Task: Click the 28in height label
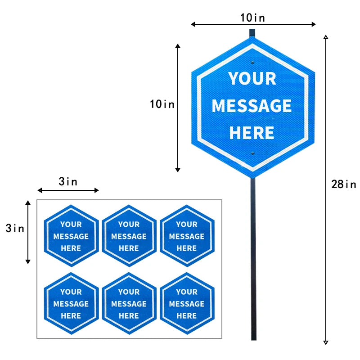[x=343, y=184]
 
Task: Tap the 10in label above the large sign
[x=252, y=18]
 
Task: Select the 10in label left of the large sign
[x=162, y=104]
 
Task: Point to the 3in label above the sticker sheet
[x=68, y=181]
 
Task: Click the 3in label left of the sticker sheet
[x=15, y=228]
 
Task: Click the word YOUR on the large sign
[x=252, y=79]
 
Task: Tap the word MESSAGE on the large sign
[x=252, y=106]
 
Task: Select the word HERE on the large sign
[x=252, y=133]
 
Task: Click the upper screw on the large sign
[x=252, y=63]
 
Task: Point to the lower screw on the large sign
[x=252, y=153]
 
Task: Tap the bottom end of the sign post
[x=254, y=339]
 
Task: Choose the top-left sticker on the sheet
[x=72, y=236]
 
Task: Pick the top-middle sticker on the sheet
[x=129, y=236]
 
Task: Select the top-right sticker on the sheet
[x=187, y=236]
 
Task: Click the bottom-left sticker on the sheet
[x=72, y=303]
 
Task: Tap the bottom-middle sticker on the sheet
[x=129, y=303]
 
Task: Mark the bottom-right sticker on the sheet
[x=187, y=303]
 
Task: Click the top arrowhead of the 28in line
[x=325, y=37]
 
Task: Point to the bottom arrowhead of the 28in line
[x=325, y=343]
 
